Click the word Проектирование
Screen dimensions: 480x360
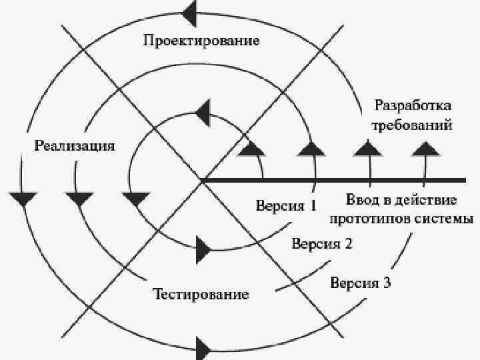[201, 41]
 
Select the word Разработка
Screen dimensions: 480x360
[413, 106]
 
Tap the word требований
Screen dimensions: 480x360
[413, 125]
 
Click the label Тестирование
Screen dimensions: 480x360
[201, 294]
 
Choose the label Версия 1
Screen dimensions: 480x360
[287, 205]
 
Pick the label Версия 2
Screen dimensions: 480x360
[322, 243]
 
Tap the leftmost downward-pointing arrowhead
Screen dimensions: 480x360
[24, 199]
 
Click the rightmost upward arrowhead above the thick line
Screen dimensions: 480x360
[422, 149]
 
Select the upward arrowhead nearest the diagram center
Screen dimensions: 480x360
[251, 149]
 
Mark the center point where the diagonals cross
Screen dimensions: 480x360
[202, 180]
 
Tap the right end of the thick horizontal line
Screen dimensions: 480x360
[464, 180]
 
